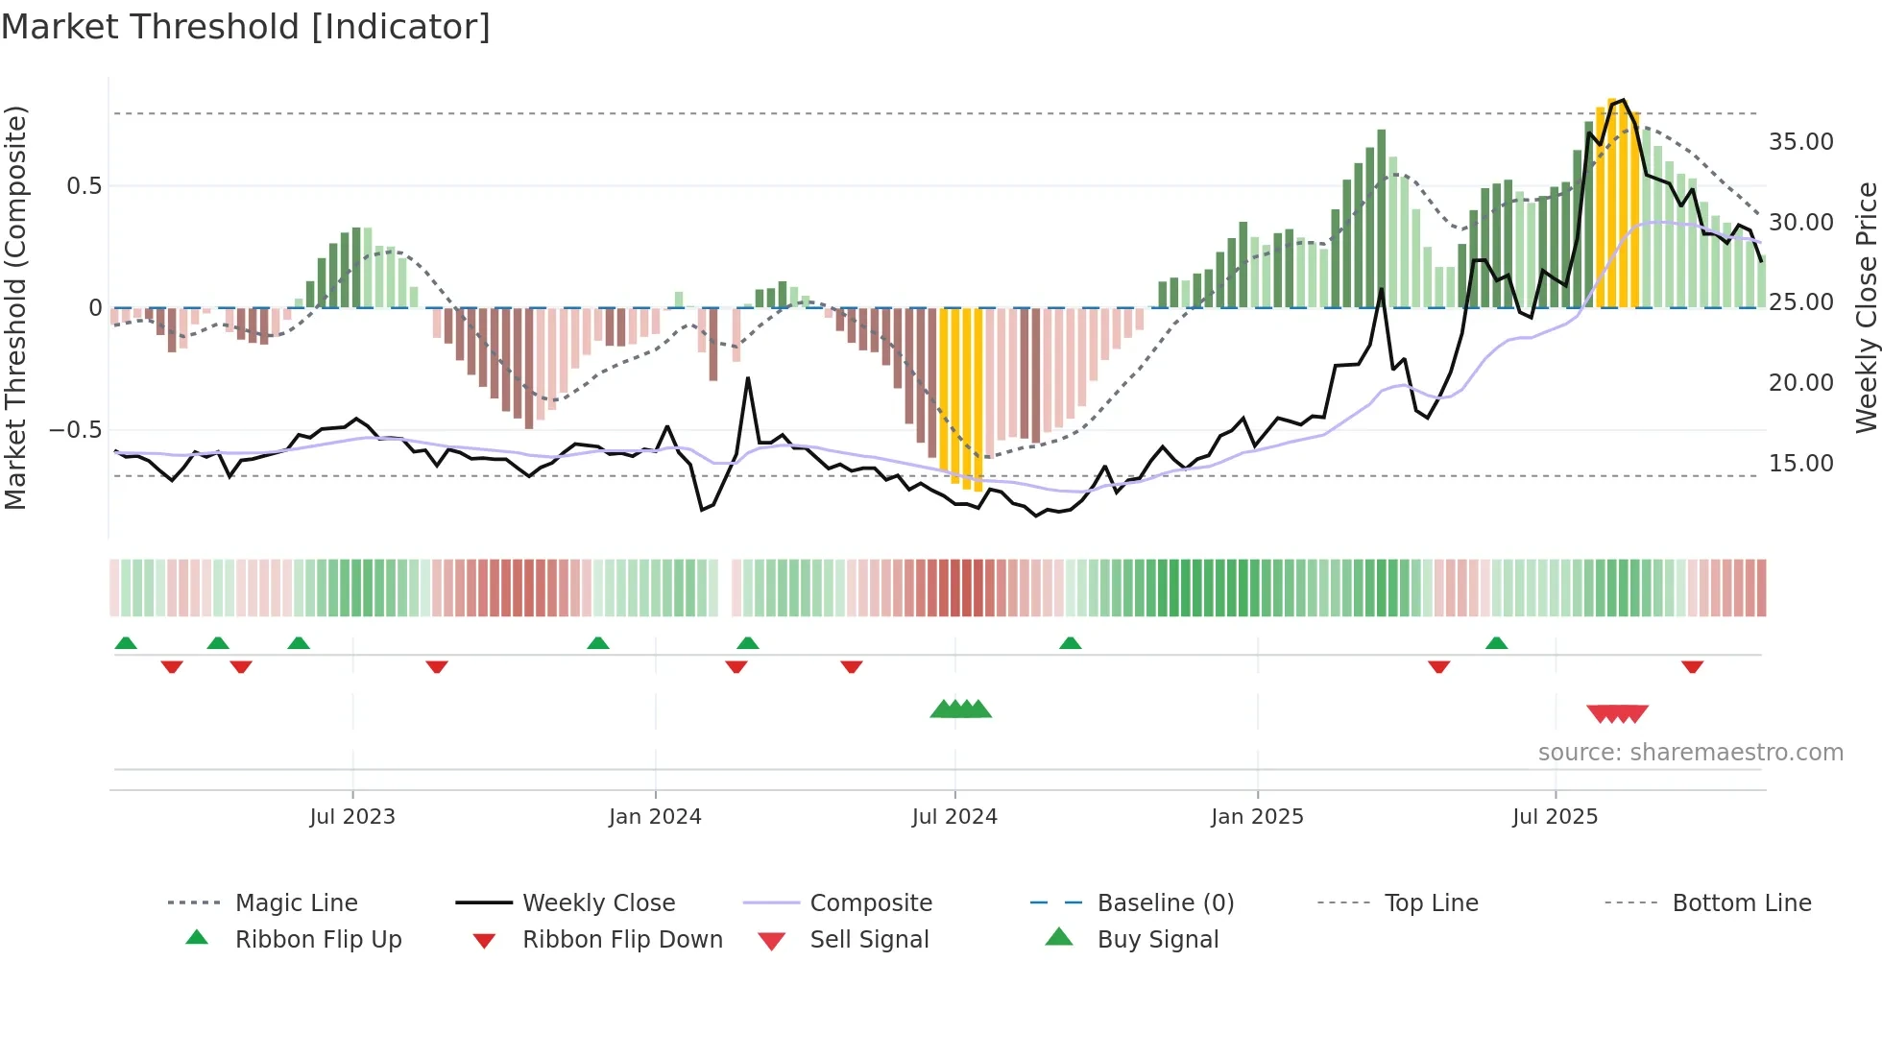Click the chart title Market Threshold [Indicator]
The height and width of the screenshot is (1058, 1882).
coord(246,27)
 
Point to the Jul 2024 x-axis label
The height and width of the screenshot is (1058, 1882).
coord(954,817)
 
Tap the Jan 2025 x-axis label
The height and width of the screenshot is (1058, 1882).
coord(1257,817)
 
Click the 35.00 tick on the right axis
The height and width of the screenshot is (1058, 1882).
coord(1800,142)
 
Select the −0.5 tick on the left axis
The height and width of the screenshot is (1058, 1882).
coord(75,429)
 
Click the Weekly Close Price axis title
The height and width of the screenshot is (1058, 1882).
coord(1866,307)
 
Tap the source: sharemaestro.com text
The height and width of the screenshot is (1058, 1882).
coord(1690,753)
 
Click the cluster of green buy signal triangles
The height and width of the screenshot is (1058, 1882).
coord(960,710)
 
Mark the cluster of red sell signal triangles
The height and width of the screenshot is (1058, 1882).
coord(1617,714)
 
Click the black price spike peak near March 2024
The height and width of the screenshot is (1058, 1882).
coord(748,378)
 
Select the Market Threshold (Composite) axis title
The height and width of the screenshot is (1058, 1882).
coord(15,307)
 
